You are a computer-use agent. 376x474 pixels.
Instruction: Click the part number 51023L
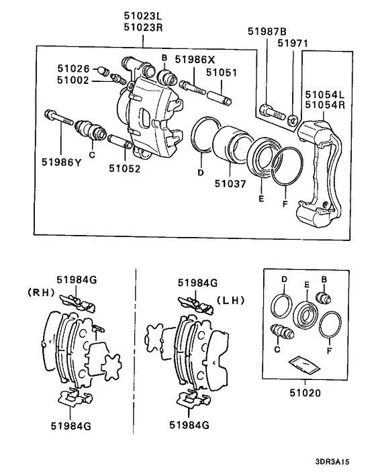point(143,13)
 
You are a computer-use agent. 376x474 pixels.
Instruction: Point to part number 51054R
point(324,105)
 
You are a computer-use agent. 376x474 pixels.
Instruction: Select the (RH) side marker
point(42,292)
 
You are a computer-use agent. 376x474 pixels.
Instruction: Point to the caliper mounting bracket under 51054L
point(321,168)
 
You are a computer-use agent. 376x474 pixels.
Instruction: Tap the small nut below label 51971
point(292,121)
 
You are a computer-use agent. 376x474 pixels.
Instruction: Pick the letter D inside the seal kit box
point(284,278)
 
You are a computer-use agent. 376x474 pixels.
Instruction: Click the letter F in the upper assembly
point(285,203)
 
